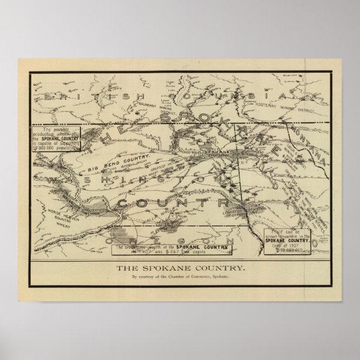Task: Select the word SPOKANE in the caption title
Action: (x=168, y=268)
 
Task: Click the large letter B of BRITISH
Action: (x=51, y=96)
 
